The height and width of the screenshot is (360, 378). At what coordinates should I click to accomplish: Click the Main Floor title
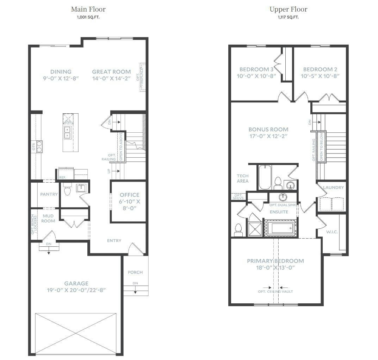coord(88,9)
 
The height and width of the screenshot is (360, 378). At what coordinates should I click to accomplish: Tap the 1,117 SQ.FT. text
coord(288,17)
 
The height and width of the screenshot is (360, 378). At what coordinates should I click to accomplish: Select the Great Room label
coord(111,72)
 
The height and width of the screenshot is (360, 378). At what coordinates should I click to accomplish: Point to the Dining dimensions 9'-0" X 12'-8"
coord(61,78)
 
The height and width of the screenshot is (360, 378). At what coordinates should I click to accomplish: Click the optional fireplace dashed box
coord(143,77)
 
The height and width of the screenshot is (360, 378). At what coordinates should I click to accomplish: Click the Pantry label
coord(49,194)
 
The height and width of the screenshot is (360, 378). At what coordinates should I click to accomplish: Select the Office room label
coord(129,195)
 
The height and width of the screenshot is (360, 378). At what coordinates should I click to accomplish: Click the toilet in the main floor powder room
coord(67,189)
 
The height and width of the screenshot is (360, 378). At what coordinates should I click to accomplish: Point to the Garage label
coord(76,283)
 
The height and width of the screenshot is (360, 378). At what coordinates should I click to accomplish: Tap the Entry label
coord(114,241)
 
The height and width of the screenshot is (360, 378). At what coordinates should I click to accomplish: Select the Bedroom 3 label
coord(256,69)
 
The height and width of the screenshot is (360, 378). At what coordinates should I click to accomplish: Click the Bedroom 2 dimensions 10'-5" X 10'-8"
coord(320,76)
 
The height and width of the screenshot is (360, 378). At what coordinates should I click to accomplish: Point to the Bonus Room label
coord(268,129)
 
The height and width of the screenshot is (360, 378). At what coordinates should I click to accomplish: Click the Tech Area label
coord(242,178)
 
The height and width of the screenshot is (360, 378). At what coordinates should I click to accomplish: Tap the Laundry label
coord(333,187)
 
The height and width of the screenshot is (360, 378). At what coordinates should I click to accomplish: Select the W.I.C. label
coord(332,232)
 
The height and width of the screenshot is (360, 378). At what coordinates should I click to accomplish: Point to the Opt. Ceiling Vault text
coord(275,291)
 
